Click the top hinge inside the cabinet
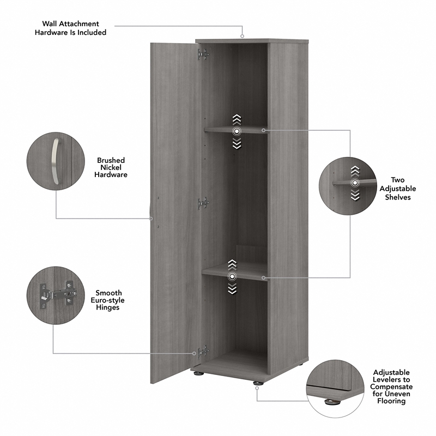[x=203, y=54]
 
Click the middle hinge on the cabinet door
[x=203, y=203]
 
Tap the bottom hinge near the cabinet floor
[x=203, y=352]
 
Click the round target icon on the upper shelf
[x=237, y=131]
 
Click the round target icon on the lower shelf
[x=232, y=277]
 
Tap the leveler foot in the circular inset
[x=331, y=403]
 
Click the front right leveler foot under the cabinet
[x=256, y=383]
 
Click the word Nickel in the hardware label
[x=111, y=167]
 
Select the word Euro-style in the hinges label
[x=109, y=300]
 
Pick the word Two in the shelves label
[x=397, y=180]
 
